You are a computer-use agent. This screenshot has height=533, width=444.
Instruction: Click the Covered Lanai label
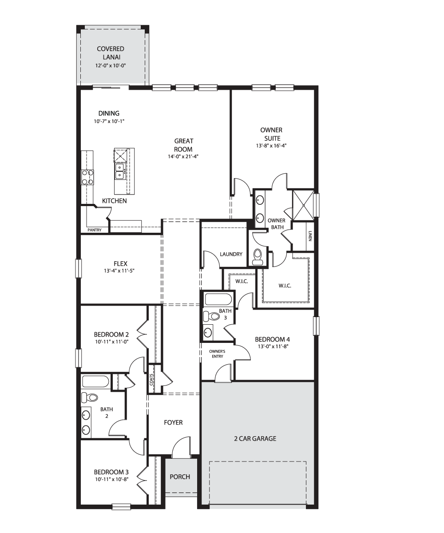click(111, 53)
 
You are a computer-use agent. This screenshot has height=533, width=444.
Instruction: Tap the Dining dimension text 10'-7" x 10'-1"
click(109, 121)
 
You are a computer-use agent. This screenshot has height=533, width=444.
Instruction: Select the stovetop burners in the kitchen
click(87, 177)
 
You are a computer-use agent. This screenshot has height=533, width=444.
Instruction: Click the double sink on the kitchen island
click(120, 171)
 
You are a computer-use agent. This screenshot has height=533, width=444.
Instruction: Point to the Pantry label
click(95, 230)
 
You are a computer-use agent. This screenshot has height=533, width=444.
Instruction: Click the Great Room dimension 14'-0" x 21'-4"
click(183, 156)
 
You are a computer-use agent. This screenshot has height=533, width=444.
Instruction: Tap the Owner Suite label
click(271, 134)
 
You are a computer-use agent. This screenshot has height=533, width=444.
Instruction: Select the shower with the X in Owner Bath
click(303, 205)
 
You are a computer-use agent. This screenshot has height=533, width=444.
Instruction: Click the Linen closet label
click(310, 236)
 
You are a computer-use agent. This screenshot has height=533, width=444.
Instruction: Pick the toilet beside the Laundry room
click(258, 257)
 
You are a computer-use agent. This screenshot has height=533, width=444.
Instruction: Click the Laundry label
click(231, 254)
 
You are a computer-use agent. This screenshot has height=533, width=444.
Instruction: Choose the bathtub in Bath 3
click(218, 299)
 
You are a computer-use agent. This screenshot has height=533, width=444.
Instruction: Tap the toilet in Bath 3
click(211, 317)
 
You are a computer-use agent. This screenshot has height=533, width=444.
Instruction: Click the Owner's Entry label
click(217, 354)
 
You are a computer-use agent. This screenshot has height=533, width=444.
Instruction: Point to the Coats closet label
click(151, 380)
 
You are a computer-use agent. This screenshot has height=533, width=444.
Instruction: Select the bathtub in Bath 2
click(95, 382)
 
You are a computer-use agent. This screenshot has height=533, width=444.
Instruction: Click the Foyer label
click(173, 422)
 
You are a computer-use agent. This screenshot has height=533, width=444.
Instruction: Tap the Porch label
click(180, 477)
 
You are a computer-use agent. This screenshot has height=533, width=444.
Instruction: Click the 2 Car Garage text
click(255, 438)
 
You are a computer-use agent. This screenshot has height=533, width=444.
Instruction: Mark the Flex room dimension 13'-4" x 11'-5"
click(119, 270)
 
